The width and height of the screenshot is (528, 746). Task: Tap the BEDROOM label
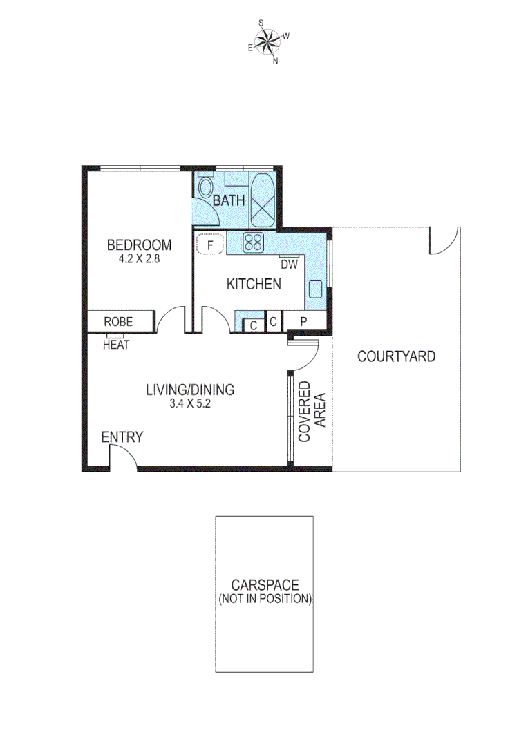pos(138,245)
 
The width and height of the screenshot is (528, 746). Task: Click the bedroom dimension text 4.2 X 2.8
pos(139,260)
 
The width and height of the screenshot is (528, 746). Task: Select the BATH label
pos(229,201)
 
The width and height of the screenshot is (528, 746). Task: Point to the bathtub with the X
pos(263,200)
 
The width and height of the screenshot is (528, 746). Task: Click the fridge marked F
pos(209,244)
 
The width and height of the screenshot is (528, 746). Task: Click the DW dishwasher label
pos(289,264)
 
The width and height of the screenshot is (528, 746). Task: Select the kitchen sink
pos(316,289)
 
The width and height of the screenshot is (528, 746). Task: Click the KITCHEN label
pos(254,284)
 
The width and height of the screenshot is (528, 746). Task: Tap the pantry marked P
pos(303,322)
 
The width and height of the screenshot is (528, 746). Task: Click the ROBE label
pos(118,322)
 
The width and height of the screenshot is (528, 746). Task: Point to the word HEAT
pos(116,345)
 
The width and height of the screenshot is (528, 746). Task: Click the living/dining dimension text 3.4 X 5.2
pos(189,405)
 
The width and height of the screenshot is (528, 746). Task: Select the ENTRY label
pos(122,437)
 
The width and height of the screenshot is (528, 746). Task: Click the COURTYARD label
pos(396,356)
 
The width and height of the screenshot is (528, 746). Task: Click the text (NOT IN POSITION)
pos(265,599)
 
